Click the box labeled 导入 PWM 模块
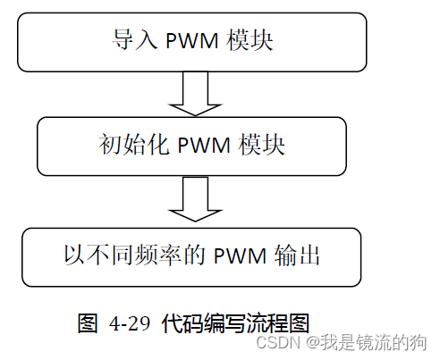click(x=191, y=42)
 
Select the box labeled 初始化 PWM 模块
click(x=191, y=146)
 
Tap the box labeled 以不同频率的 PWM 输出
click(x=191, y=256)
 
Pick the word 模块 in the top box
click(x=247, y=41)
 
